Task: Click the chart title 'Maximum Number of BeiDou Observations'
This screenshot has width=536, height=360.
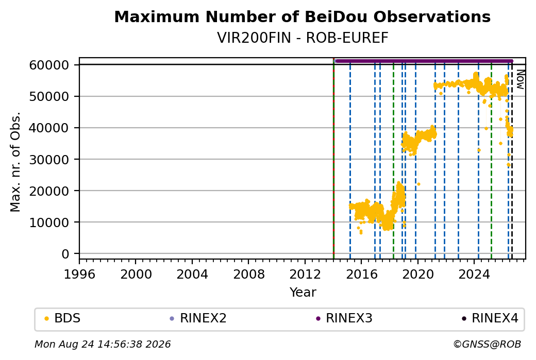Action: point(302,16)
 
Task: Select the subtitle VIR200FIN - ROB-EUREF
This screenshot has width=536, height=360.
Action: point(303,38)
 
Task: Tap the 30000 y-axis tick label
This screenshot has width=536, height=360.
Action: point(49,160)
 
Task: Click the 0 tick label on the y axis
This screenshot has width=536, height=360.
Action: point(65,254)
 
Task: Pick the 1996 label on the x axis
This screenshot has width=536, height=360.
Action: point(79,274)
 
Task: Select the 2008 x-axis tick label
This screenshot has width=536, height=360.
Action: point(248,274)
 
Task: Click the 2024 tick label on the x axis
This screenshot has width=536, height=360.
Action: point(474,274)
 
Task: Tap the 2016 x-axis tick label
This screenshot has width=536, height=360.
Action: point(361,274)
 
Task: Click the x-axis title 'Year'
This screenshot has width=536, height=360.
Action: point(303,293)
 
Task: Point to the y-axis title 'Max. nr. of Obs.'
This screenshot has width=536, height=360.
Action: point(15,162)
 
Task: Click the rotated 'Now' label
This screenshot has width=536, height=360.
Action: point(520,79)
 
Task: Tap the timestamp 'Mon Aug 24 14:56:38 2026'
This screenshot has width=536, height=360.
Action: point(103,344)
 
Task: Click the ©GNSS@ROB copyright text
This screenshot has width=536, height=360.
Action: point(487,344)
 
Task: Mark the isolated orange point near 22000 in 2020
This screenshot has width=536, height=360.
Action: point(418,184)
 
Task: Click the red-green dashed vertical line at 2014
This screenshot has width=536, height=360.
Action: point(333,159)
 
